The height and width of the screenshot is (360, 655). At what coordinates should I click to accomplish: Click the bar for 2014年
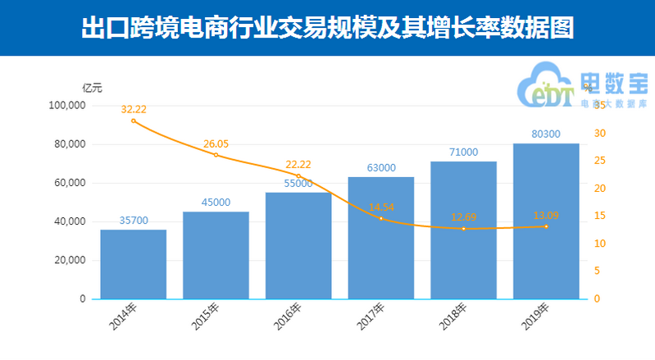[133, 264]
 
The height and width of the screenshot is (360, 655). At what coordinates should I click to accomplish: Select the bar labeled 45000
[216, 255]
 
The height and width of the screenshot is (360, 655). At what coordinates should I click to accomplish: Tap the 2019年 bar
[546, 221]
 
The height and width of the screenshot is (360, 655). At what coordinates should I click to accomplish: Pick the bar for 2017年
[380, 238]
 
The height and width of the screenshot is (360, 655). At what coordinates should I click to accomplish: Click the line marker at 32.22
[133, 121]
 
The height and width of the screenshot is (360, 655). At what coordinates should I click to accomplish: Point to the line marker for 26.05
[216, 155]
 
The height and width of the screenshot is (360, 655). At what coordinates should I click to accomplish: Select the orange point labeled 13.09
[546, 226]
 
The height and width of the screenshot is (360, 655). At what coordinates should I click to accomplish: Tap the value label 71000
[463, 153]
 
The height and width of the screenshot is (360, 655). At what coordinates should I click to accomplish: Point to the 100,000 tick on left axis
[67, 106]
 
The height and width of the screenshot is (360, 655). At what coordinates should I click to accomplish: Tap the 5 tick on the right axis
[598, 271]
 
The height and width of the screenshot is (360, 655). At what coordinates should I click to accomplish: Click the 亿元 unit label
[92, 88]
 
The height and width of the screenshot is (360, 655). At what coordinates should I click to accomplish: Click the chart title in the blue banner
[327, 28]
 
